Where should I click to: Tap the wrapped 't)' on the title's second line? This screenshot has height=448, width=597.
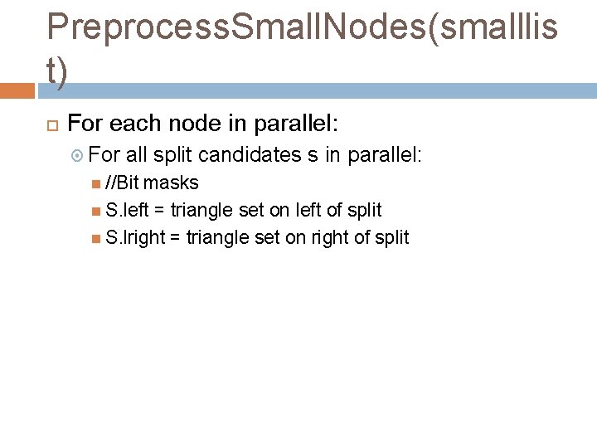(57, 71)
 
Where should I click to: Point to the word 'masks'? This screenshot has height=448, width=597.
(171, 183)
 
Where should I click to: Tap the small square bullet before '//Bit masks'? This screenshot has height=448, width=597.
(97, 183)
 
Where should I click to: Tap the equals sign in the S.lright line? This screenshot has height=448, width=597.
(175, 238)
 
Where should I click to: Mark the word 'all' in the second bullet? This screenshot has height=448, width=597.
(137, 154)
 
